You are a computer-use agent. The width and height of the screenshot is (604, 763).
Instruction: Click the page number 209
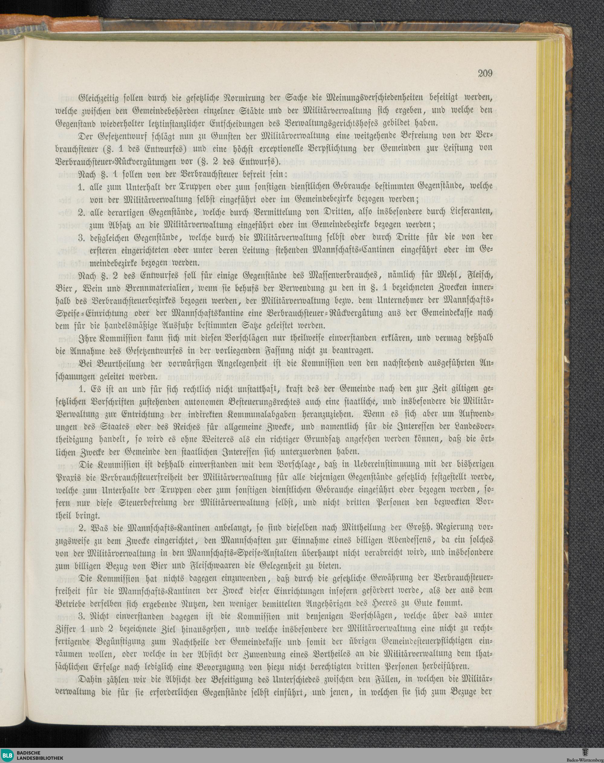click(485, 74)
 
